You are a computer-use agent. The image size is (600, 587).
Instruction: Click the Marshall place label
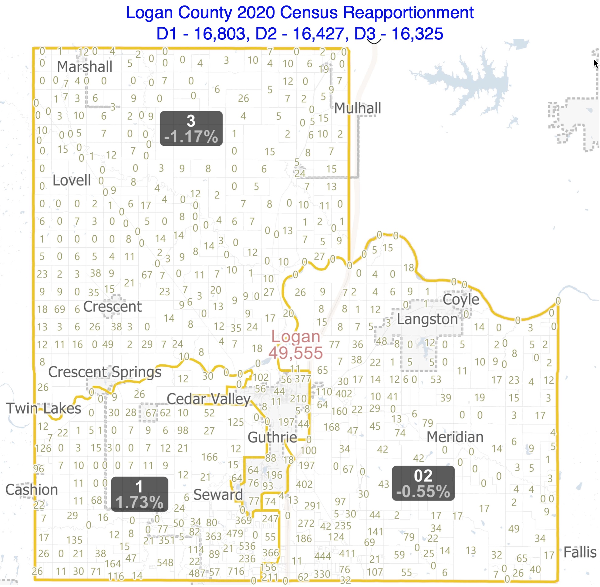pyautogui.click(x=84, y=67)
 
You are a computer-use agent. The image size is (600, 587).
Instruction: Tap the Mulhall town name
pyautogui.click(x=357, y=108)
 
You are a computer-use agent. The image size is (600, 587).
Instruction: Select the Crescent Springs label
pyautogui.click(x=105, y=372)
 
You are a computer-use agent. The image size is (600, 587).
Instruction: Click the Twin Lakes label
pyautogui.click(x=43, y=409)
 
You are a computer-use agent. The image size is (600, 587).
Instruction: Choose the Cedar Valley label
pyautogui.click(x=209, y=399)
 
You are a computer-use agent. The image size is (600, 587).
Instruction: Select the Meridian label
pyautogui.click(x=455, y=437)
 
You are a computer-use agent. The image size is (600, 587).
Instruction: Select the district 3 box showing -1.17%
pyautogui.click(x=191, y=129)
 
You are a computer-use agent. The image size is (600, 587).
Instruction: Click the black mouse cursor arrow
pyautogui.click(x=596, y=63)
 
